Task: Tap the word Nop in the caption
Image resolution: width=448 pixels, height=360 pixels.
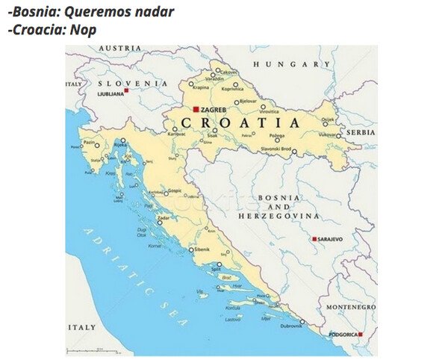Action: pyautogui.click(x=85, y=31)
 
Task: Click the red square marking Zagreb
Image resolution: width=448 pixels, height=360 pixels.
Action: pyautogui.click(x=196, y=109)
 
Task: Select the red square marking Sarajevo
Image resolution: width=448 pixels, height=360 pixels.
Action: pyautogui.click(x=314, y=239)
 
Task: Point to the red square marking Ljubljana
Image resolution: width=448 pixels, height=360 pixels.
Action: pyautogui.click(x=127, y=90)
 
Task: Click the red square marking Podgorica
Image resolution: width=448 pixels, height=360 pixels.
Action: pyautogui.click(x=360, y=335)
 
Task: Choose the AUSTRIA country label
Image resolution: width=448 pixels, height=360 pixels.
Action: pyautogui.click(x=119, y=48)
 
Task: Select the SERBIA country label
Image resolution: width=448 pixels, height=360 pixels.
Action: pyautogui.click(x=361, y=132)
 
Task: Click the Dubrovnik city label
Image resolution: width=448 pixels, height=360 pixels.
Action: pyautogui.click(x=291, y=326)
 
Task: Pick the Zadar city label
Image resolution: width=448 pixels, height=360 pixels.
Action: pyautogui.click(x=164, y=217)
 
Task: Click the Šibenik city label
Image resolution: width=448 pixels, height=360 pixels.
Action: pyautogui.click(x=203, y=249)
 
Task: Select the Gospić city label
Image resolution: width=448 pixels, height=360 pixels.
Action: pyautogui.click(x=174, y=190)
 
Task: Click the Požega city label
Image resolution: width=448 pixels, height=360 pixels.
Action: pyautogui.click(x=277, y=137)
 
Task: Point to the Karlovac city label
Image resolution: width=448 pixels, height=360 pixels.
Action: pyautogui.click(x=176, y=135)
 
